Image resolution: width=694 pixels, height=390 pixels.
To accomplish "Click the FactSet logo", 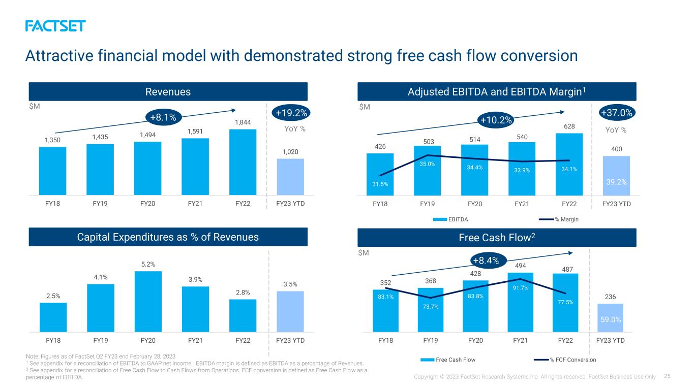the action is coord(55,26).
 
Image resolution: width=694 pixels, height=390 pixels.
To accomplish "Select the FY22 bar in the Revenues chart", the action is coord(243,162).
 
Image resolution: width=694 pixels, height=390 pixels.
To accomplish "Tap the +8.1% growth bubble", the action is coord(163,117).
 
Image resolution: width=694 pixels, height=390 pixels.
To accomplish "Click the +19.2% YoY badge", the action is coord(291,113).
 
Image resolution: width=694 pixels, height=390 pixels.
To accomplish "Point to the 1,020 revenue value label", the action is coord(290,152).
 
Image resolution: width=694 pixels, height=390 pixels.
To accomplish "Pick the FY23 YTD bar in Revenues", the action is coord(290,177).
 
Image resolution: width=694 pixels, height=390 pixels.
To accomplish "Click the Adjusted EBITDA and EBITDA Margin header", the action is coord(497,91).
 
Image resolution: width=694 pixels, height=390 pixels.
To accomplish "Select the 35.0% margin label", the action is coord(427,164).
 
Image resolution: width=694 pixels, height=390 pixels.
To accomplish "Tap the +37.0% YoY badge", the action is coord(617,113).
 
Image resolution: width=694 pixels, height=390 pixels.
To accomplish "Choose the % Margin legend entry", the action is coord(559,219).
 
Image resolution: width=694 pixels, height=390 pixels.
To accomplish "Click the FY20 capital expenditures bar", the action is coord(148,302).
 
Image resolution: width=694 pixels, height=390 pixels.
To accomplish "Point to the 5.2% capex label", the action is coord(148,265).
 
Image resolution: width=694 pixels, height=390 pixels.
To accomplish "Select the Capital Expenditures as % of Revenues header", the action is coord(168,237).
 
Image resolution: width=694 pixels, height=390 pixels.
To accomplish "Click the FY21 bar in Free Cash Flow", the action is coord(520,303).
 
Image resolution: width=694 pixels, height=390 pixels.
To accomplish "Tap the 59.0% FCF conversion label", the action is coord(611,320).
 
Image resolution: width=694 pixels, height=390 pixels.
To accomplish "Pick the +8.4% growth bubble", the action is coord(486,261).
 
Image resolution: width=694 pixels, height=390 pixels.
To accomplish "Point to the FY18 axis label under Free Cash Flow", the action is coord(385,340).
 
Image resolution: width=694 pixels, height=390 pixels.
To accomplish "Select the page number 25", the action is coord(667,376).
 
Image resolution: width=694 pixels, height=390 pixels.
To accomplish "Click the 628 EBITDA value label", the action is coord(569,126).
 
